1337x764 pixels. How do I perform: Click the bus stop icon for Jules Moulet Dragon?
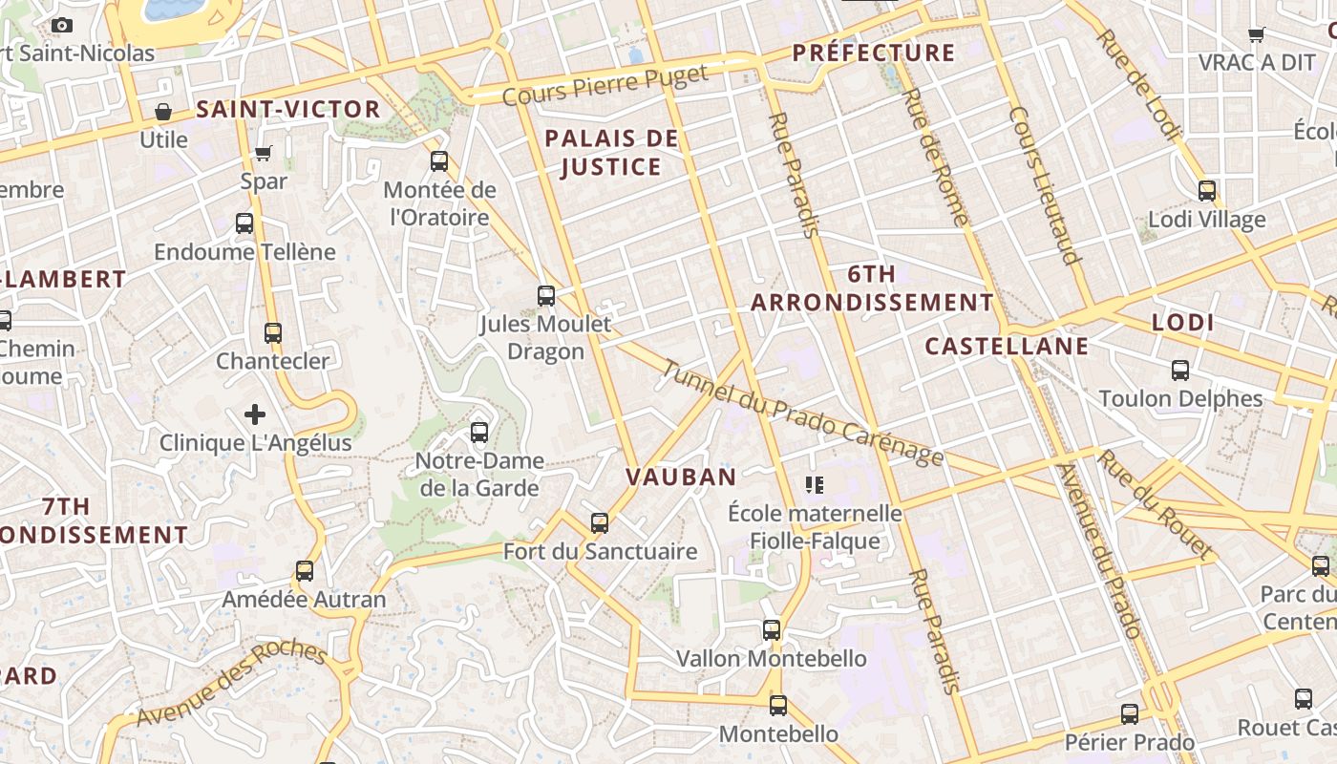pos(546,296)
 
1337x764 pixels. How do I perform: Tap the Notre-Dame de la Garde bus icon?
pos(479,433)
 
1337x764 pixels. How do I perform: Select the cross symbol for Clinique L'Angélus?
pos(255,414)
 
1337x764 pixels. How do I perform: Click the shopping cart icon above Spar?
pos(264,153)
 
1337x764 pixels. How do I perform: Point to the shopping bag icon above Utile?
pos(163,112)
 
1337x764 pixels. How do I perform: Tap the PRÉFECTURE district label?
pos(874,53)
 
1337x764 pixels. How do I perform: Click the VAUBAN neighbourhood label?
pos(681,477)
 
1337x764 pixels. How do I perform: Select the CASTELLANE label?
pos(1007,346)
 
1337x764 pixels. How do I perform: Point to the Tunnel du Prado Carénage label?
pos(801,413)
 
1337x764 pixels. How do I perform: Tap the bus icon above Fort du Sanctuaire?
pos(600,523)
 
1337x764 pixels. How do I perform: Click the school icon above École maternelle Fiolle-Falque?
pos(815,485)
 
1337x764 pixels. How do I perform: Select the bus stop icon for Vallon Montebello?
pos(772,630)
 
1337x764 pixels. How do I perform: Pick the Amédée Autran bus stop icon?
pos(305,571)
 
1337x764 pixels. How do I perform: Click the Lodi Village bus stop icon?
pos(1207,191)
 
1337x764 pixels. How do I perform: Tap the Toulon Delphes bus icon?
pos(1180,371)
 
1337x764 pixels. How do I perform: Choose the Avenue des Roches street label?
pos(231,684)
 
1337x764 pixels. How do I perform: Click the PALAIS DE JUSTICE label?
pos(611,153)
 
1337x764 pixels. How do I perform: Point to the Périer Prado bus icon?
pos(1130,714)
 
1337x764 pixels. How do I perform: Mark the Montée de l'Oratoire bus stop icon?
pos(439,161)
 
